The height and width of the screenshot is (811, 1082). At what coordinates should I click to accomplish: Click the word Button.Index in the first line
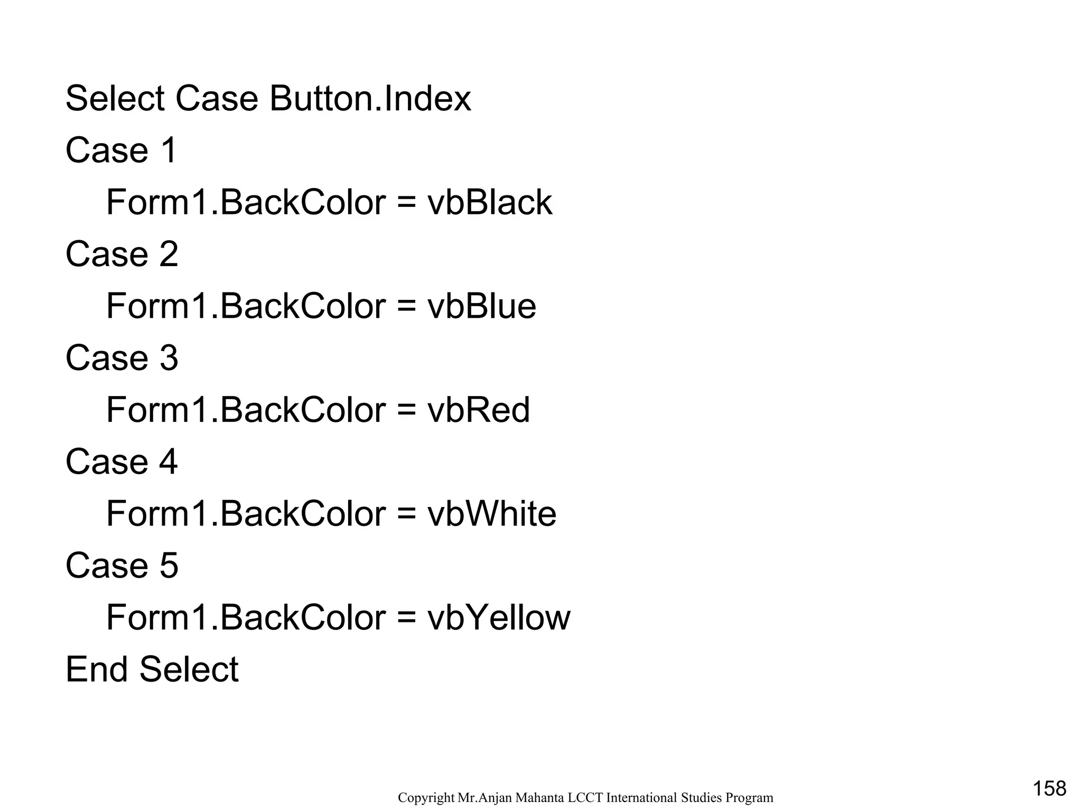[370, 99]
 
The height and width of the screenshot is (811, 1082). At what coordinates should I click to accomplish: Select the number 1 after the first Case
[169, 150]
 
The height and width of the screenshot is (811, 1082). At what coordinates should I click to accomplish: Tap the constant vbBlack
[490, 202]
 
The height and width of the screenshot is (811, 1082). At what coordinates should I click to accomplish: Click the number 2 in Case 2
[169, 254]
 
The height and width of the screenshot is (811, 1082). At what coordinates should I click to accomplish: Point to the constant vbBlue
[481, 306]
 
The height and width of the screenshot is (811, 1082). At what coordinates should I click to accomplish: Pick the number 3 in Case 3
[169, 358]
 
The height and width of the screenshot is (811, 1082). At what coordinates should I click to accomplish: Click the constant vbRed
[478, 410]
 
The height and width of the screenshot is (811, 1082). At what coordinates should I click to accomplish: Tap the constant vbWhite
[491, 514]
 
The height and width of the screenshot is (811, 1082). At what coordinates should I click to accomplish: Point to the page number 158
[1049, 788]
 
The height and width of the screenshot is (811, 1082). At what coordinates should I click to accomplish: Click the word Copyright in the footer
[426, 798]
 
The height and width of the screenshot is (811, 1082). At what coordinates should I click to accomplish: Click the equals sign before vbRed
[406, 410]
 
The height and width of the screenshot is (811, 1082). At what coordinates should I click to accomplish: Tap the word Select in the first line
[115, 99]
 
